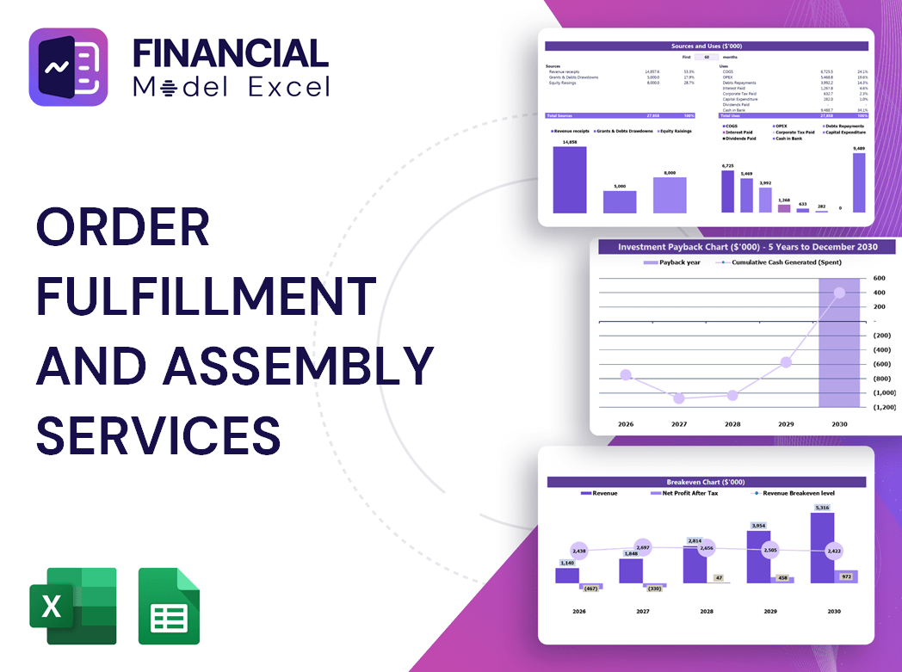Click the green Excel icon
(x=72, y=606)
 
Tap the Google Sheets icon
(x=169, y=606)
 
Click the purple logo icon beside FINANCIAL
(x=68, y=67)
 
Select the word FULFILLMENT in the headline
(x=206, y=296)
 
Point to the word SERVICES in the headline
(x=158, y=435)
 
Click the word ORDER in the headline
(x=123, y=227)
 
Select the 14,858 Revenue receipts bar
(x=569, y=180)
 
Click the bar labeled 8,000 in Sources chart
(x=670, y=194)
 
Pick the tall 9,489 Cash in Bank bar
(x=858, y=182)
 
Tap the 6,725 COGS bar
(x=727, y=191)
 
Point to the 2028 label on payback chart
(x=732, y=424)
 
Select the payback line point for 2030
(x=839, y=293)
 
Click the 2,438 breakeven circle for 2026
(x=578, y=551)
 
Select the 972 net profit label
(x=845, y=576)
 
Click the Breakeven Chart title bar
(x=705, y=482)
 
